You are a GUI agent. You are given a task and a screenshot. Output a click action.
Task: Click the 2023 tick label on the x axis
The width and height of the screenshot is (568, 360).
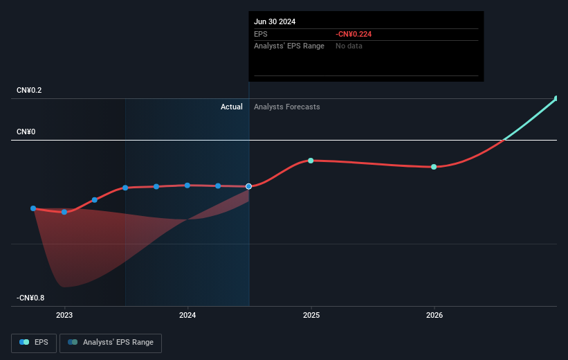tap(64, 315)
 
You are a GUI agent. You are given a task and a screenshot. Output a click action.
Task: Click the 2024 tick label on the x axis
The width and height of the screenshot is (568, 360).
tap(187, 315)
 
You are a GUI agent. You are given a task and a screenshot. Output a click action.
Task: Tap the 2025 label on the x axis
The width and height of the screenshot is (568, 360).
tap(311, 315)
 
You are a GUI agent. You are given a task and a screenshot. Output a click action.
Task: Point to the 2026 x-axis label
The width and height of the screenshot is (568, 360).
tap(434, 315)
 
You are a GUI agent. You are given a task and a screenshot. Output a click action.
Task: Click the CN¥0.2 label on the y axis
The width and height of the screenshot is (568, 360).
tap(30, 91)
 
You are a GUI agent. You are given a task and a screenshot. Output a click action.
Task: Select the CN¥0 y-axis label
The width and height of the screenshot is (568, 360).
tap(26, 132)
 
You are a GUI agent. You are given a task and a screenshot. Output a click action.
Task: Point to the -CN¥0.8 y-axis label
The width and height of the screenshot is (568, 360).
tap(31, 298)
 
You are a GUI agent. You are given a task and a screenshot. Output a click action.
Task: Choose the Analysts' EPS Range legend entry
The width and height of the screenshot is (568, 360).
tap(111, 342)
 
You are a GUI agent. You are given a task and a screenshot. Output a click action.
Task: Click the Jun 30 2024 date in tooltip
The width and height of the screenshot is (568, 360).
tap(275, 21)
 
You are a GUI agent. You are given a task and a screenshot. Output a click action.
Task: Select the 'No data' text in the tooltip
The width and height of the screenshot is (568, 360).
tap(349, 46)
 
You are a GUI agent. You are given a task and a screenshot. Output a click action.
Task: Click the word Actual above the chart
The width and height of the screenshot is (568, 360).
tap(231, 107)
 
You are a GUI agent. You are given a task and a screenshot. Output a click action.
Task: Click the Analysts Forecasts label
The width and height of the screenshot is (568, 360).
tap(287, 107)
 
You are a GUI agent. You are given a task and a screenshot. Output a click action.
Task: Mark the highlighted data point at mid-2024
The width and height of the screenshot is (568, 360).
tap(248, 186)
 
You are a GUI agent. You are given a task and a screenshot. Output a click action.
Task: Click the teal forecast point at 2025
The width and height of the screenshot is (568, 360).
tap(311, 161)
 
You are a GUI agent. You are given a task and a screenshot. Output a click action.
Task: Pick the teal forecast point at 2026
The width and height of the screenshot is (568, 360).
tap(434, 167)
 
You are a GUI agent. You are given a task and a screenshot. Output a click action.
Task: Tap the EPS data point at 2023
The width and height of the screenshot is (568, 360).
tap(64, 212)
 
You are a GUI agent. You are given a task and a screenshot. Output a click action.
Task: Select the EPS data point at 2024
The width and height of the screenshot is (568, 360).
tap(187, 185)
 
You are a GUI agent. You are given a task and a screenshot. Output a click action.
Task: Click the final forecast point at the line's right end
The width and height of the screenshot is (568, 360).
tap(556, 98)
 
